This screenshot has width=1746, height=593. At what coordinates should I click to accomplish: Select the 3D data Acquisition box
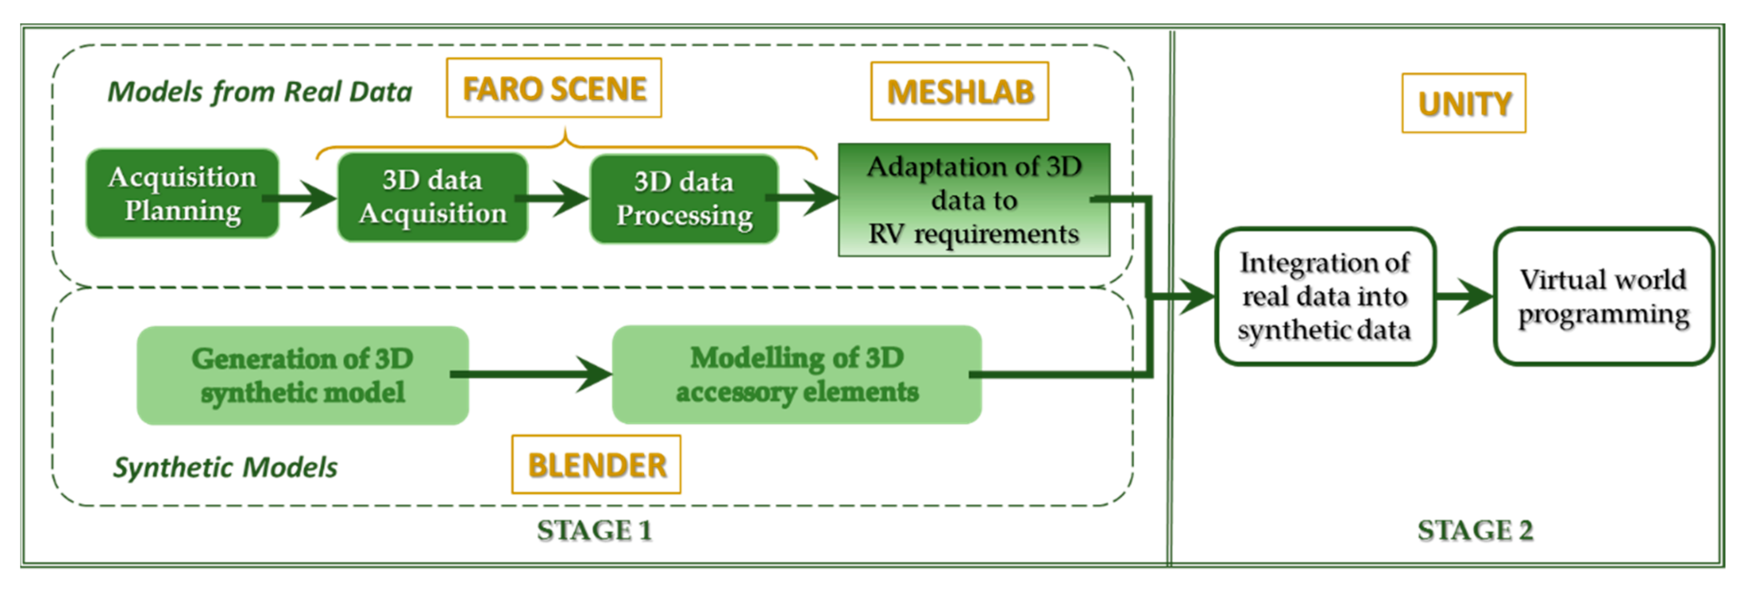tap(432, 197)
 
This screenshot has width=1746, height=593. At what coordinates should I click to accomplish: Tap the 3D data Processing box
tap(684, 199)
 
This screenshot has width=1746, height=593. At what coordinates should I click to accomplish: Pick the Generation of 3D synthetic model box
tap(302, 375)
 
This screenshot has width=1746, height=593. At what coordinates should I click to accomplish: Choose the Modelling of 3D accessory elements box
tap(797, 375)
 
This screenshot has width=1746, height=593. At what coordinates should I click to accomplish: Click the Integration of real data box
tap(1324, 297)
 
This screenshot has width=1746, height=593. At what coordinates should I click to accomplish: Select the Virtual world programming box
tap(1603, 297)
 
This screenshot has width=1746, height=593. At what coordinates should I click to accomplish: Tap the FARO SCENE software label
tap(554, 88)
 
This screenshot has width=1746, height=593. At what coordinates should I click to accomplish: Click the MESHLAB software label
tap(960, 92)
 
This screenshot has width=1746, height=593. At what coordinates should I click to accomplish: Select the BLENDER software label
tap(596, 465)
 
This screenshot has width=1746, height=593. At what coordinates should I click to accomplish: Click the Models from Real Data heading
tap(260, 92)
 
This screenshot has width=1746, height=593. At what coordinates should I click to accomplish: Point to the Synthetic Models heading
tap(225, 468)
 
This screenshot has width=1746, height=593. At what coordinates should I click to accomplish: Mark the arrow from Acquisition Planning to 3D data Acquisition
tap(301, 199)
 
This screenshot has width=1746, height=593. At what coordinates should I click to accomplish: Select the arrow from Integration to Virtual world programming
tap(1464, 296)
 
